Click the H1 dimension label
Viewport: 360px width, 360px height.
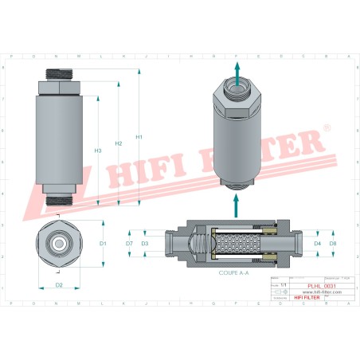[x=139, y=136]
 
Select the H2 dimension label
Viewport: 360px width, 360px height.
[x=118, y=143]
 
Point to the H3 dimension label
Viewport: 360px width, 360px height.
[x=98, y=150]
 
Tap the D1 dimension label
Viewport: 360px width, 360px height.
[x=103, y=243]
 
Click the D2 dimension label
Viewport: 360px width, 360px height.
[x=59, y=284]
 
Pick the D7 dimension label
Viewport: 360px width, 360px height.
[x=129, y=243]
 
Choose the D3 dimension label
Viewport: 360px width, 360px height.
[x=144, y=243]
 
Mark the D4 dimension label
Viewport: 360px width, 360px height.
[x=318, y=243]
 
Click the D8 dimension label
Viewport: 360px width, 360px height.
[x=333, y=243]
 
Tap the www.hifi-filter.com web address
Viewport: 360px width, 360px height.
[x=323, y=292]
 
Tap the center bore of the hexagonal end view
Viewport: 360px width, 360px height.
[x=58, y=243]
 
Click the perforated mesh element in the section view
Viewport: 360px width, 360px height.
[x=236, y=243]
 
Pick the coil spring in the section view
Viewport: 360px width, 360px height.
[x=200, y=243]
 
